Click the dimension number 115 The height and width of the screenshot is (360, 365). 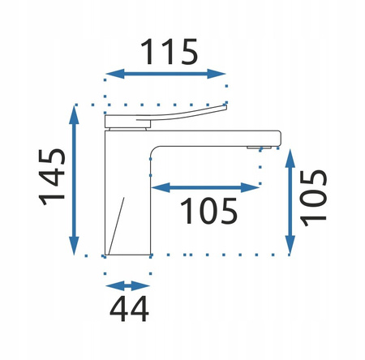pos(170,52)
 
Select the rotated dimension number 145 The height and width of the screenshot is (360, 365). pos(52,177)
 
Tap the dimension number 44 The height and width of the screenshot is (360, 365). pos(129,309)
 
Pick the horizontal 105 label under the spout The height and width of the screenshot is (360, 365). pos(208,211)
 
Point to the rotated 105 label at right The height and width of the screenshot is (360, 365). pos(313,198)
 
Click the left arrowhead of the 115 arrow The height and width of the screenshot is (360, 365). pos(114,74)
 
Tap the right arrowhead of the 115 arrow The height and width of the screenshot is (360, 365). pos(217,74)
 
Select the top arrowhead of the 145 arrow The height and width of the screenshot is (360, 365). pos(74,114)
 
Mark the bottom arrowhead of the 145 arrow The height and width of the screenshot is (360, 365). pos(74,246)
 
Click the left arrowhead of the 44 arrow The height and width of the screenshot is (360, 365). pos(114,286)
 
